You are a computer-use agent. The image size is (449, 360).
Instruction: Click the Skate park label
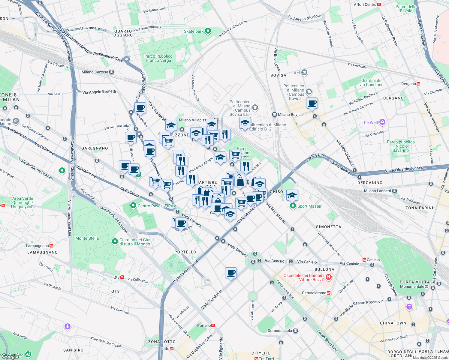194,31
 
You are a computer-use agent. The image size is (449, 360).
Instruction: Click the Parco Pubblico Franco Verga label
158,58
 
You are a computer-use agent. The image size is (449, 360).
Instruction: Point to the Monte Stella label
87,238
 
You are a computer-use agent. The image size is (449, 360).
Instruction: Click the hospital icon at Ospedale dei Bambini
329,277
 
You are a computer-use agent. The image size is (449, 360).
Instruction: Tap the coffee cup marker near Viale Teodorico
231,273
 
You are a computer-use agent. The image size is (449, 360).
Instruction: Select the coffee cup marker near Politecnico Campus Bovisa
312,103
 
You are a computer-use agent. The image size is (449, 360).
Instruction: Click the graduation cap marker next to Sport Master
292,196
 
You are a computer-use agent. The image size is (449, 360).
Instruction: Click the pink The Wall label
370,122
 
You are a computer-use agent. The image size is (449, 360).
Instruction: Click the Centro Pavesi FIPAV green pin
133,205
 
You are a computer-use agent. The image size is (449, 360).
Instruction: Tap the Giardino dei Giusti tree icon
115,241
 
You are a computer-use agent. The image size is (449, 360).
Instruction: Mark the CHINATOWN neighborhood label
393,323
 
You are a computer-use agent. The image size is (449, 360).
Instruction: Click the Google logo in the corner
10,356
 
